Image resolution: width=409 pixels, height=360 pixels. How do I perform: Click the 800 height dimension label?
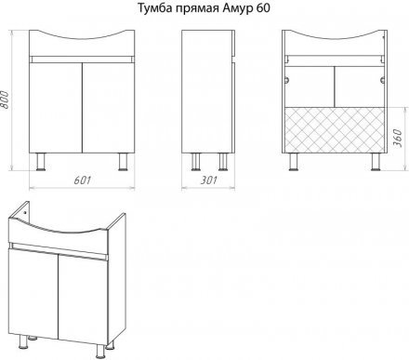pos(5,100)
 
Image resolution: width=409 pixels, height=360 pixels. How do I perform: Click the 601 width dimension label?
pos(83,180)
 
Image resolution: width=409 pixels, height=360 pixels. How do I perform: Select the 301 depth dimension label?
pos(209,180)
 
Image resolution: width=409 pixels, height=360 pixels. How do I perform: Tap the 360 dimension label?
pos(398,139)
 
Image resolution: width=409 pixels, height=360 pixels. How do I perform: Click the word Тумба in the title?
pos(154,8)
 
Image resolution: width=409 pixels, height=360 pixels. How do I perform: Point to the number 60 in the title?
pos(263,8)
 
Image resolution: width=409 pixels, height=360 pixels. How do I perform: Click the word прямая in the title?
pos(197,9)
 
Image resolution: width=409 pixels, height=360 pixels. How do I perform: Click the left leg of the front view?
pos(41,162)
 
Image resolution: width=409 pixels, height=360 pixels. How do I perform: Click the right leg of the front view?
pos(124,162)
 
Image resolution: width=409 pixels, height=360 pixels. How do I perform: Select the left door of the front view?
pos(56,108)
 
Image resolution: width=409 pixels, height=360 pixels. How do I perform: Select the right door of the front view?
pos(109,108)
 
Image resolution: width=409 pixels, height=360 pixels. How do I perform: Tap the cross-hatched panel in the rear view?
pos(335,130)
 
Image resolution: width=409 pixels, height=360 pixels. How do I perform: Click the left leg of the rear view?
pos(293,162)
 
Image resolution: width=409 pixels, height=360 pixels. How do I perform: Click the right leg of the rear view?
pos(376,162)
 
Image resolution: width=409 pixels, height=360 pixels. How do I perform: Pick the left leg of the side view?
pos(195,162)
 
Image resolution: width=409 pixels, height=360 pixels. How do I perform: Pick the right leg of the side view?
pos(223,162)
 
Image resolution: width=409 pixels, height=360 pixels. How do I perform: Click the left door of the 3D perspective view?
pos(33,293)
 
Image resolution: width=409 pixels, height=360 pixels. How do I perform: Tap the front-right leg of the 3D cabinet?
pos(100,351)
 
